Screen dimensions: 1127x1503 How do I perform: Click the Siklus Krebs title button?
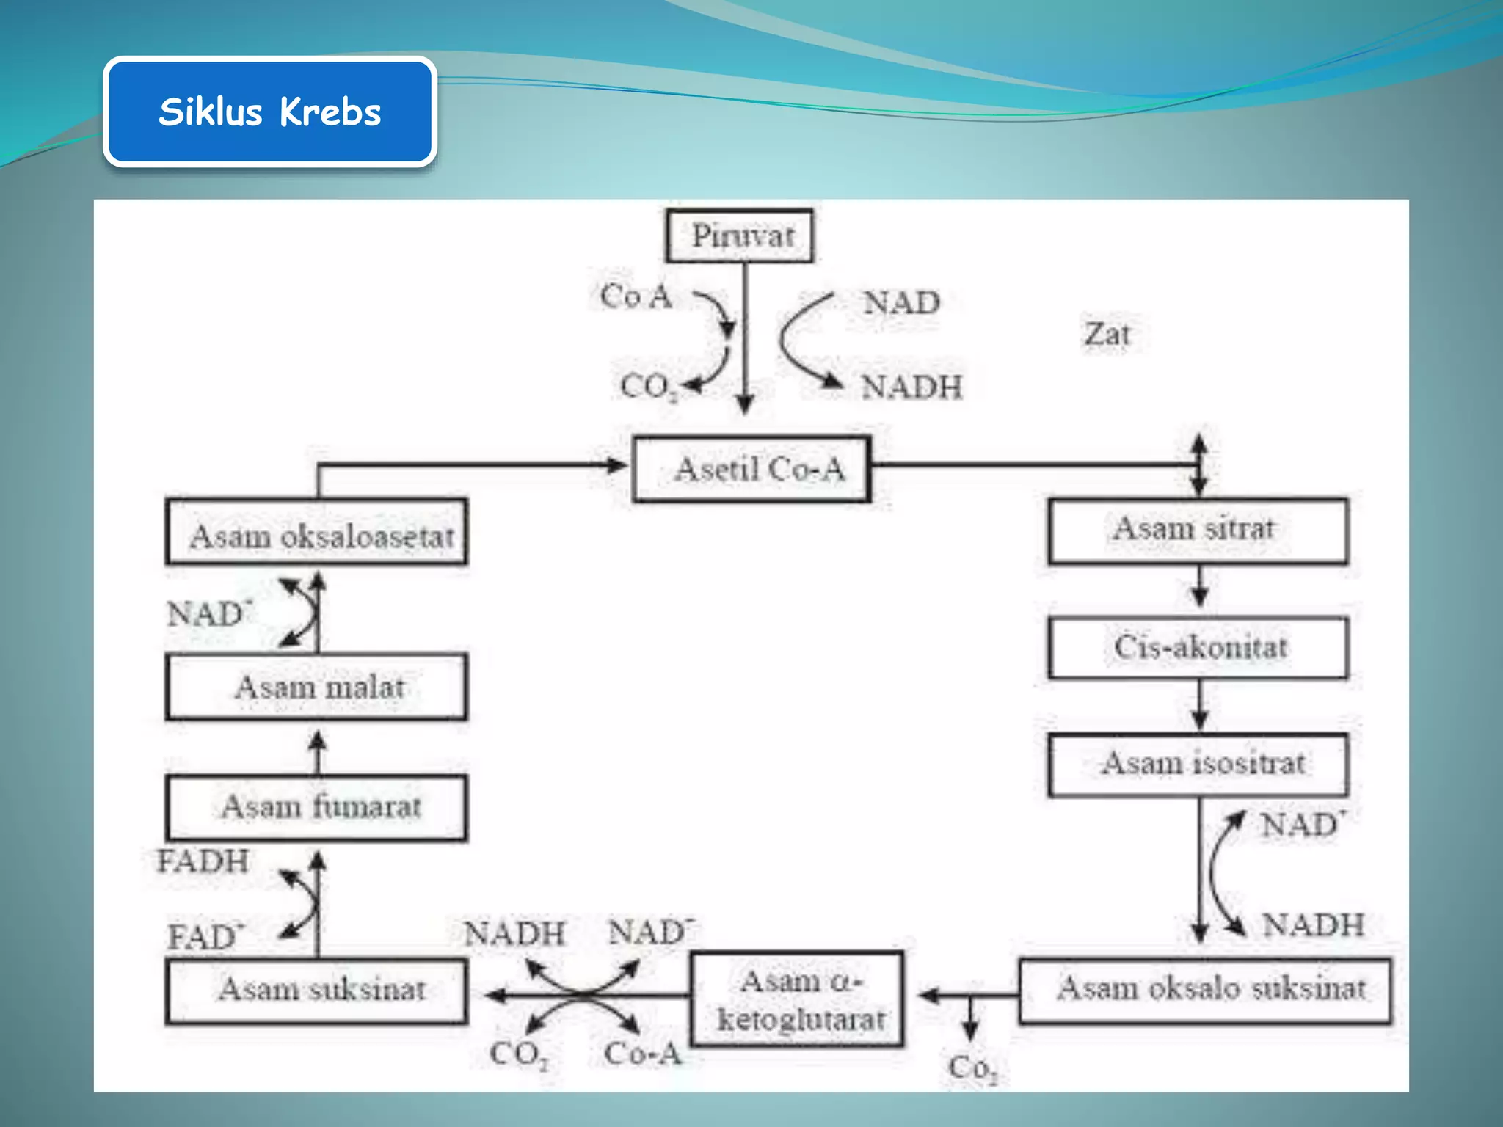pos(270,112)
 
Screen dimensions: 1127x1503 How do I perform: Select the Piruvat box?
pos(740,236)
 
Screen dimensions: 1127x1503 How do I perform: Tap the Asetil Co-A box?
pos(751,469)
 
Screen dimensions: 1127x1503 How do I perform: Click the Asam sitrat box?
pos(1198,530)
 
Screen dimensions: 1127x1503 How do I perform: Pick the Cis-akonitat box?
pos(1198,648)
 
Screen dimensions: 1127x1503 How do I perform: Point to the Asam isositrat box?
pos(1198,765)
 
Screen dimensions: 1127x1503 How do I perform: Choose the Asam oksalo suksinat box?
pos(1204,990)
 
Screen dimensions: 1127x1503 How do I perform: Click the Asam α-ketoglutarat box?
pos(798,999)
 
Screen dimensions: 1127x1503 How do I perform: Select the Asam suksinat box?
pos(316,991)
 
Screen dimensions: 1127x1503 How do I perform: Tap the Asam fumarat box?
pos(316,807)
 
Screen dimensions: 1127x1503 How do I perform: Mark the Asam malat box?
pos(316,687)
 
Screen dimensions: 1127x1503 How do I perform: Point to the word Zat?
pos(1107,335)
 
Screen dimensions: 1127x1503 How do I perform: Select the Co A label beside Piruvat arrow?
pos(636,297)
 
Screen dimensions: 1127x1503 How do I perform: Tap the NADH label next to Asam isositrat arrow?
pos(1313,925)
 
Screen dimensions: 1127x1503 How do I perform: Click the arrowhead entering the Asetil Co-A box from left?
pos(615,465)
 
